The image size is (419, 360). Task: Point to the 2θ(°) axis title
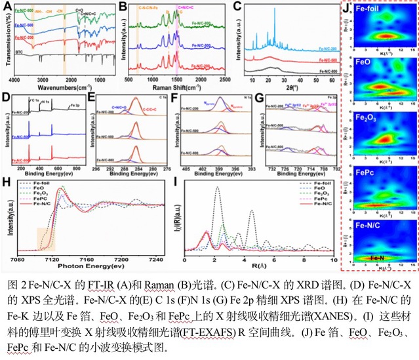tap(298, 85)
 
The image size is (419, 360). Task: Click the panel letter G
tap(261, 98)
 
